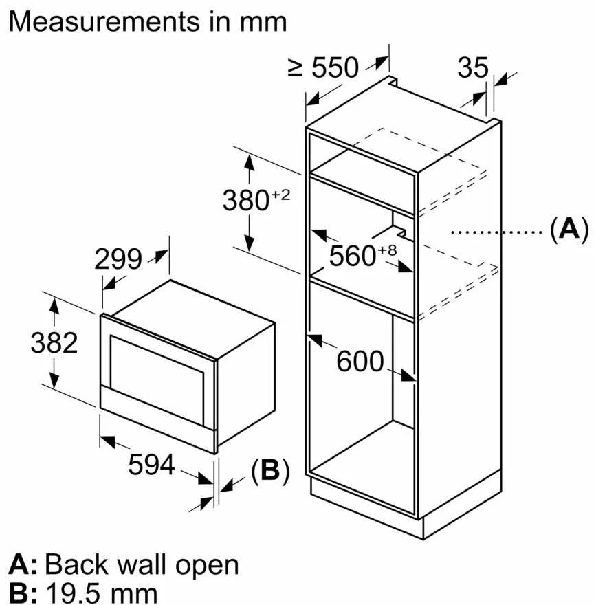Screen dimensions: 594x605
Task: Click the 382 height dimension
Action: pyautogui.click(x=54, y=342)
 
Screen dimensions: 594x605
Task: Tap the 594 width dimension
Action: pyautogui.click(x=151, y=464)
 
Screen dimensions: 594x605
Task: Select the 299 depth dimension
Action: pyautogui.click(x=118, y=259)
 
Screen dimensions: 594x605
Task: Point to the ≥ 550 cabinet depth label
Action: pyautogui.click(x=323, y=67)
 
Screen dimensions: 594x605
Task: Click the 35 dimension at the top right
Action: pyautogui.click(x=473, y=67)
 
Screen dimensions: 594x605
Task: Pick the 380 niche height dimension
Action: pyautogui.click(x=246, y=200)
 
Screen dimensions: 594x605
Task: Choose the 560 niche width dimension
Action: pyautogui.click(x=353, y=256)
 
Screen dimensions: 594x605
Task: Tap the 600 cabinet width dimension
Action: pyautogui.click(x=360, y=361)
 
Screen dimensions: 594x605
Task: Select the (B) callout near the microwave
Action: pyautogui.click(x=270, y=471)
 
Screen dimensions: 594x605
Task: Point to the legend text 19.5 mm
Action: pyautogui.click(x=102, y=593)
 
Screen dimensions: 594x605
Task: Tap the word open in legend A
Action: pyautogui.click(x=207, y=566)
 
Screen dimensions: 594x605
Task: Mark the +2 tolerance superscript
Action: pyautogui.click(x=280, y=195)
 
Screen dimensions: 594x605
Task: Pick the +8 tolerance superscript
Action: pyautogui.click(x=388, y=250)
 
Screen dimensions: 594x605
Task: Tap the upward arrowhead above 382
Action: pyautogui.click(x=54, y=307)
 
